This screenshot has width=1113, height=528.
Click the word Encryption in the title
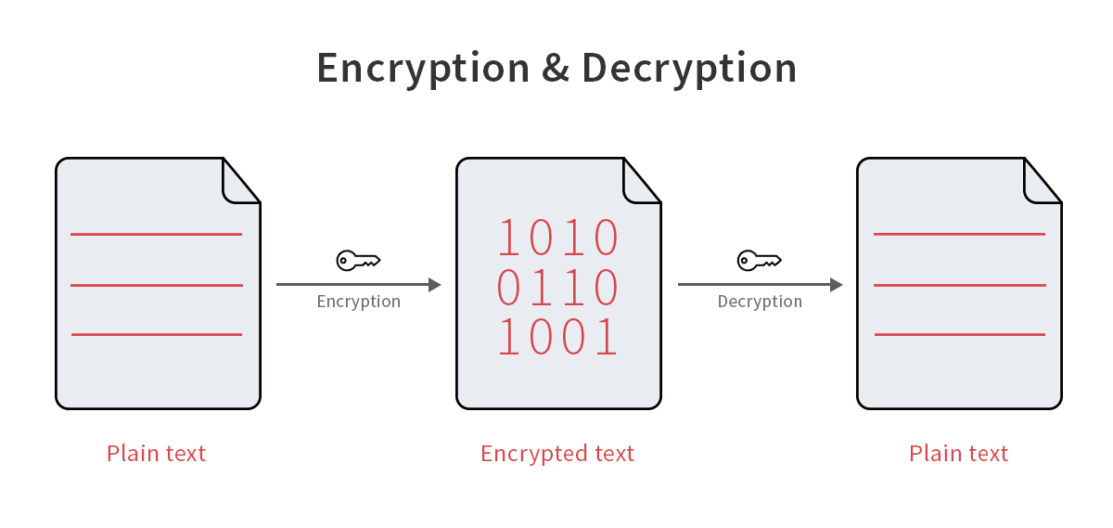tap(423, 69)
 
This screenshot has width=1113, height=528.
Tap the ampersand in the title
tap(556, 68)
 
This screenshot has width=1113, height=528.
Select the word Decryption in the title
tap(689, 69)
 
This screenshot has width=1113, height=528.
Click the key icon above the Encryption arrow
tap(358, 261)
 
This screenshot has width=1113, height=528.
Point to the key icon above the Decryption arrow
tap(760, 261)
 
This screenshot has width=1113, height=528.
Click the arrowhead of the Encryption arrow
tap(435, 284)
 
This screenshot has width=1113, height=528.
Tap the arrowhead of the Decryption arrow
tap(837, 284)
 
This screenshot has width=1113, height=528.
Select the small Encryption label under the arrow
tap(359, 302)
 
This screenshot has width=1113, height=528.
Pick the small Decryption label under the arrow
tap(760, 302)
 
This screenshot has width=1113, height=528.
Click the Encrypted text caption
tap(557, 454)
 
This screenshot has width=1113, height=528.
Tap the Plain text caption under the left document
tap(156, 454)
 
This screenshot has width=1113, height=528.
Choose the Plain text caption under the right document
tap(958, 454)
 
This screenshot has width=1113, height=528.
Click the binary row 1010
tap(557, 238)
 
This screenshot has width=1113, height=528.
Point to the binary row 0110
tap(557, 287)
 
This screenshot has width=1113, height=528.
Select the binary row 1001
tap(557, 337)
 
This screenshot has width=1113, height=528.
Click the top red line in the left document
tap(156, 234)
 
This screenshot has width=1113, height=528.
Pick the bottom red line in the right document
tap(960, 335)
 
